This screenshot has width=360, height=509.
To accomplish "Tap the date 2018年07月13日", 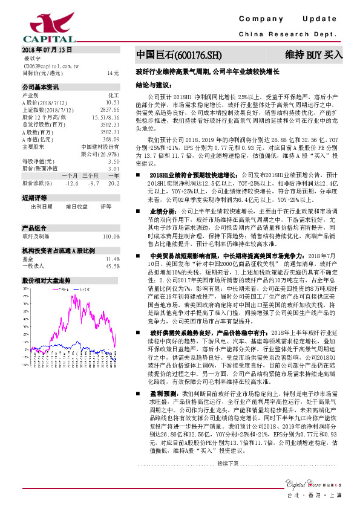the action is pos(47,49).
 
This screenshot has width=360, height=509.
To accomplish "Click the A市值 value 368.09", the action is pos(111,138).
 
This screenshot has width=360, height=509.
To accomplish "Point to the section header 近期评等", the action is pos(34,198).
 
